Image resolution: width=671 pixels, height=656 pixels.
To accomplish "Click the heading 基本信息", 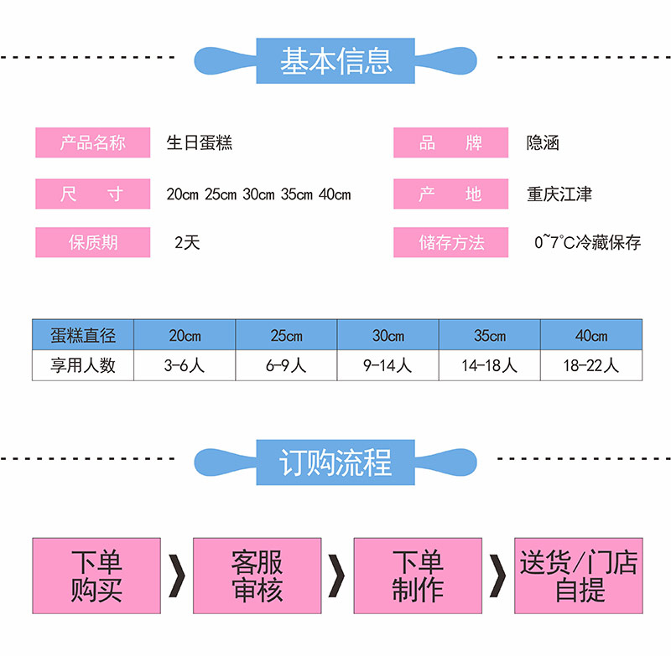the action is click(335, 60).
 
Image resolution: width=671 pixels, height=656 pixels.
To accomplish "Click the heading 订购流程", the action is click(335, 462).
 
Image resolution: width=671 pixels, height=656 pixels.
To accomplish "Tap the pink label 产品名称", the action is click(92, 143).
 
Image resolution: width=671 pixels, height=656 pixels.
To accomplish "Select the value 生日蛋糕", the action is click(200, 143).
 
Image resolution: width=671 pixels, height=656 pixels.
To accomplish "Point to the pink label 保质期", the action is click(92, 243).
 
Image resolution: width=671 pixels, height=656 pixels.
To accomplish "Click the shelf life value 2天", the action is click(187, 243).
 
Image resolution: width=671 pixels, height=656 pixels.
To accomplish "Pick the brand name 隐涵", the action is click(543, 143).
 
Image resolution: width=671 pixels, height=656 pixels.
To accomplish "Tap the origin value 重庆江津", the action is click(559, 194).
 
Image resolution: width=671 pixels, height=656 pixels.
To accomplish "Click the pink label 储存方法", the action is click(451, 243).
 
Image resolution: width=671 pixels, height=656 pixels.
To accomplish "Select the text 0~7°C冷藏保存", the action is click(588, 243).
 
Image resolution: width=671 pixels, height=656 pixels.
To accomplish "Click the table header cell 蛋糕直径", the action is click(83, 335).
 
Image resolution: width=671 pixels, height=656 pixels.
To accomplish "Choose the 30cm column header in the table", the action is click(388, 335).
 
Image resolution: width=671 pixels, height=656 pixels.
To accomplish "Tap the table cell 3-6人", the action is click(185, 365).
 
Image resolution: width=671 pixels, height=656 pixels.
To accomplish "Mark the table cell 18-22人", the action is click(591, 365).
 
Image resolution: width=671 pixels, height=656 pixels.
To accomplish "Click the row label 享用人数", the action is click(83, 365).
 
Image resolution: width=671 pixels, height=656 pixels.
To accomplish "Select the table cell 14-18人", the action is click(490, 365).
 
